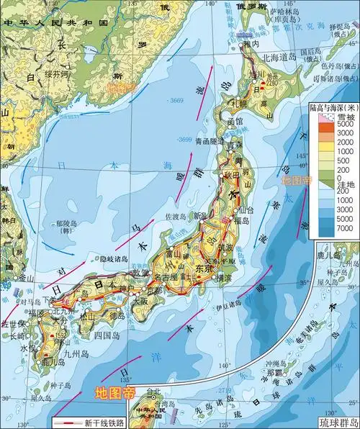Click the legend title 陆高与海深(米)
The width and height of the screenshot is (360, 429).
coord(330,108)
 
